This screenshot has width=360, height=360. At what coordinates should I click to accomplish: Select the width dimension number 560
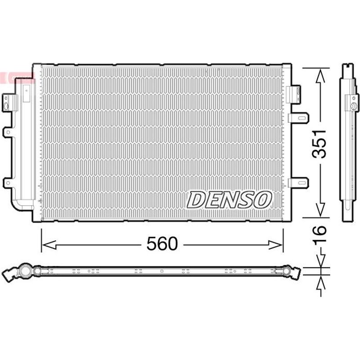tap(162, 244)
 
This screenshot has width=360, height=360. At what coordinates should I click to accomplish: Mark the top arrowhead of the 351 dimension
tap(320, 76)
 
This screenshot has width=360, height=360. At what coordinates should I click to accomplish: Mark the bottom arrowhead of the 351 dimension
tap(320, 209)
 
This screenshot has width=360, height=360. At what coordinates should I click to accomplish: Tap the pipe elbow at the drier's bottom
tap(18, 203)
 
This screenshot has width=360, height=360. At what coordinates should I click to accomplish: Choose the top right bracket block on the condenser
tap(292, 92)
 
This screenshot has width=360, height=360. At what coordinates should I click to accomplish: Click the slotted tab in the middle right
tap(299, 118)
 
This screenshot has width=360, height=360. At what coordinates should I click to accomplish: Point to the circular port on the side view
tap(354, 107)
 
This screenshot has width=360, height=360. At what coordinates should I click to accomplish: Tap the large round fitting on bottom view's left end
tap(22, 271)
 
